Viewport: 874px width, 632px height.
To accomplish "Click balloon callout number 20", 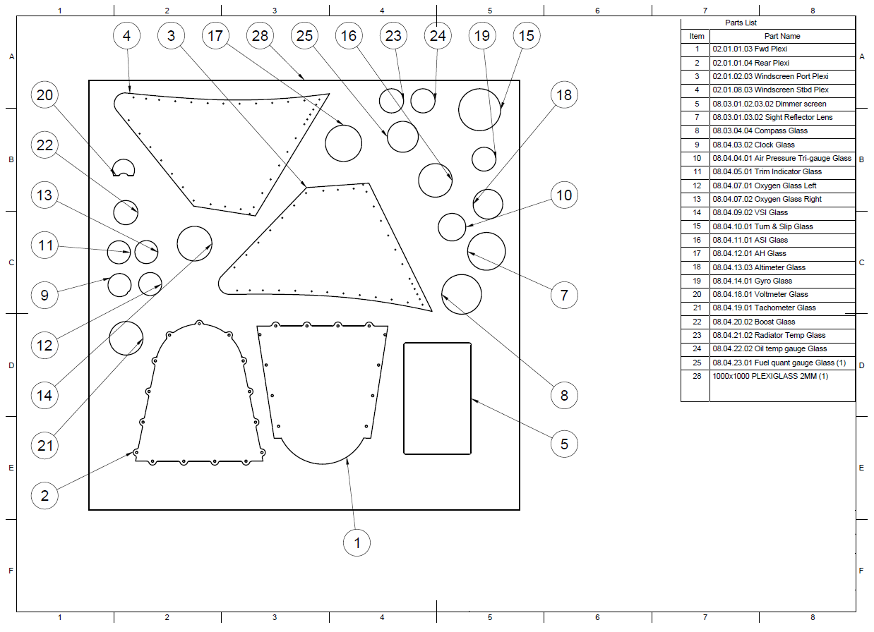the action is pyautogui.click(x=44, y=95).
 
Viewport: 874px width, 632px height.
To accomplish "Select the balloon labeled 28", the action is pyautogui.click(x=260, y=36).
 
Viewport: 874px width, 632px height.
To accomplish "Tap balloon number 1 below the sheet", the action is pyautogui.click(x=357, y=542).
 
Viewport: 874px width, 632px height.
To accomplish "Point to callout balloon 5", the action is pyautogui.click(x=564, y=444).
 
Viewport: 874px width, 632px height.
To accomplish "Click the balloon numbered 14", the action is pyautogui.click(x=44, y=395).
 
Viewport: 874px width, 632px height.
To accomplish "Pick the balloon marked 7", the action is pyautogui.click(x=564, y=295).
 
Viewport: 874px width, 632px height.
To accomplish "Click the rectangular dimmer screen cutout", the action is pyautogui.click(x=405, y=398).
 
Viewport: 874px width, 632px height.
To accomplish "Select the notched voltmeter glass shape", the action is pyautogui.click(x=124, y=160).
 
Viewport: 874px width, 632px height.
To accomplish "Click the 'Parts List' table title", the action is pyautogui.click(x=741, y=23).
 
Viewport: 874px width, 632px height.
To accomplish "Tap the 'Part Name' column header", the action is pyautogui.click(x=782, y=36).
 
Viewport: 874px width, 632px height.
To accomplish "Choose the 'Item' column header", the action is pyautogui.click(x=697, y=36).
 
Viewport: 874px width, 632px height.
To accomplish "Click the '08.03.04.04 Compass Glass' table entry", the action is pyautogui.click(x=760, y=130).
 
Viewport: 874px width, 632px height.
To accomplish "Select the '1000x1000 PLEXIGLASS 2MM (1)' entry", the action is pyautogui.click(x=770, y=376).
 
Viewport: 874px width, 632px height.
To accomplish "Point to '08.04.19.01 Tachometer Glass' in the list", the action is pyautogui.click(x=764, y=308).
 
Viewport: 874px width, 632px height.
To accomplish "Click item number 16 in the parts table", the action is pyautogui.click(x=697, y=240).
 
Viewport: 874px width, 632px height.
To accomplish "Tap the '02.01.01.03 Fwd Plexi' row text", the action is pyautogui.click(x=750, y=49).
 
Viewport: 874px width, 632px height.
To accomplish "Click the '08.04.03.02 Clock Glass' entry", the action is pyautogui.click(x=753, y=145).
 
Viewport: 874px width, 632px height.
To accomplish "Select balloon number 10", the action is pyautogui.click(x=564, y=195).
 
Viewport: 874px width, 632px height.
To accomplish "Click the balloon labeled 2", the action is pyautogui.click(x=44, y=496).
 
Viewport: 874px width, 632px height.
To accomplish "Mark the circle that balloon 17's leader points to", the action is pyautogui.click(x=343, y=125).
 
